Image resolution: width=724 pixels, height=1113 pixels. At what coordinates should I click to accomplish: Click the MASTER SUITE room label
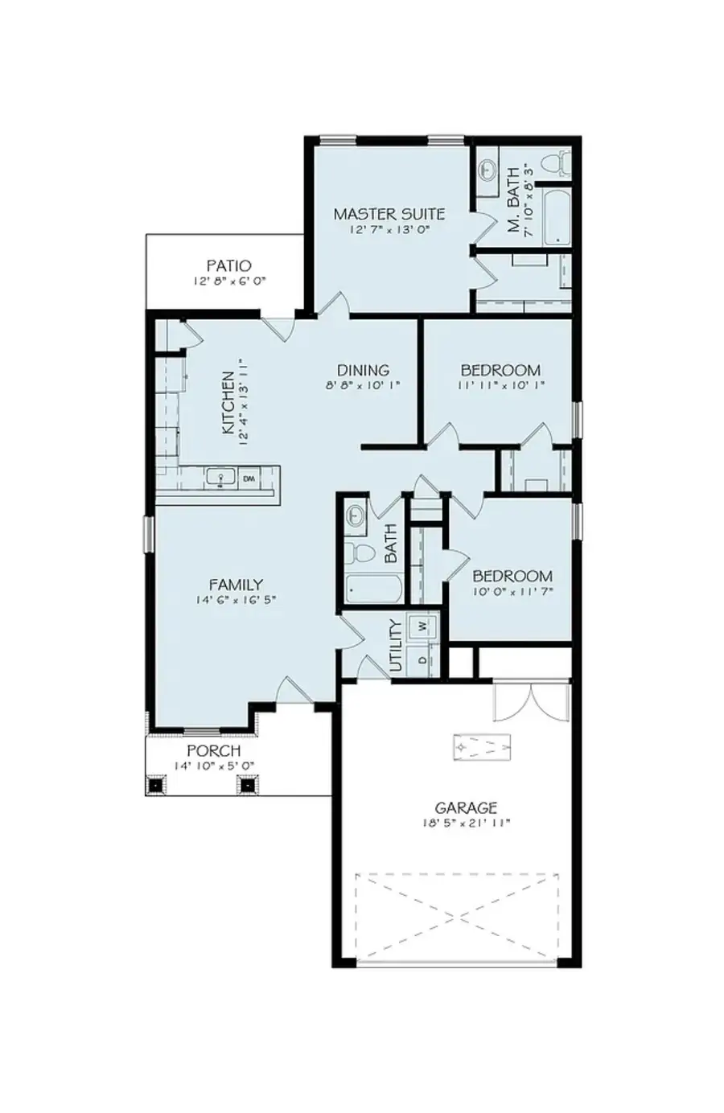[389, 214]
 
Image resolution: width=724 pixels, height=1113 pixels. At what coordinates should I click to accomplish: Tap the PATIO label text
[228, 265]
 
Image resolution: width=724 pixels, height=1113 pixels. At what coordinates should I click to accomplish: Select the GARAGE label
[466, 807]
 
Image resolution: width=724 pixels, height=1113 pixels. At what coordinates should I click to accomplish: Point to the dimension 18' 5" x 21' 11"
[466, 823]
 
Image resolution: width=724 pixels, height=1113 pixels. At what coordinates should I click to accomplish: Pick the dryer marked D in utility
[422, 660]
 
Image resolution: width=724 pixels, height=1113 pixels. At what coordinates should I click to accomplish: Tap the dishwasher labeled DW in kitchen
[249, 478]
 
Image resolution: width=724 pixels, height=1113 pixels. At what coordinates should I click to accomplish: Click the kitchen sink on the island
[220, 478]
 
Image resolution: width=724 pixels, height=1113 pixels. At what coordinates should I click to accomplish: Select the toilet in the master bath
[554, 166]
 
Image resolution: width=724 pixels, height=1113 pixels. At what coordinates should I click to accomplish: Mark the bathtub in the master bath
[556, 217]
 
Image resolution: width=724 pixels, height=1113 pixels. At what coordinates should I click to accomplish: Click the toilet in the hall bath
[361, 553]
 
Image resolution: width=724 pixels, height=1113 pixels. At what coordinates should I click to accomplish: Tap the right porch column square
[247, 785]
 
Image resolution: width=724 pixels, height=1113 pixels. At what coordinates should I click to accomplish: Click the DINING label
[363, 370]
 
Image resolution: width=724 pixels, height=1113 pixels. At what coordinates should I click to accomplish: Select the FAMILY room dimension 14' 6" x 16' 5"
[236, 600]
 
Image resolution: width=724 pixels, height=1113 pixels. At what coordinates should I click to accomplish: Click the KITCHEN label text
[228, 402]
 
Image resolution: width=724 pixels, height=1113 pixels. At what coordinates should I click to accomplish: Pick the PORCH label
[213, 750]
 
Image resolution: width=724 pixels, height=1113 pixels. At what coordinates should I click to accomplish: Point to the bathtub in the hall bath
[374, 588]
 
